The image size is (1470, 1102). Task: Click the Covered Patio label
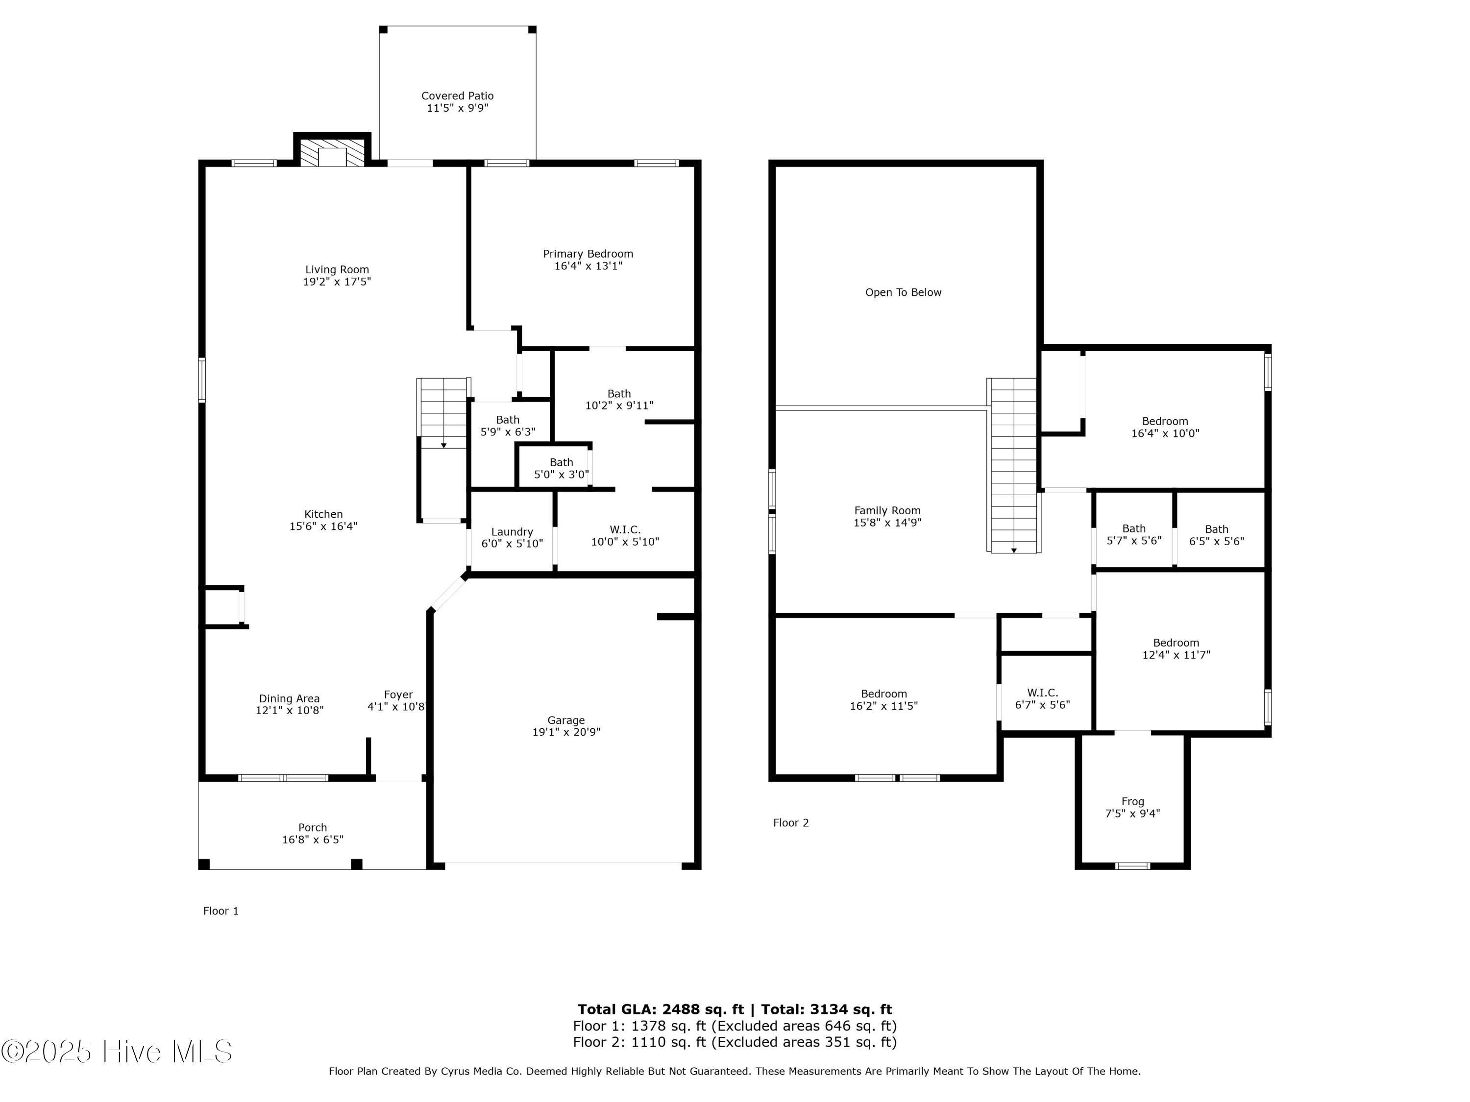tap(457, 96)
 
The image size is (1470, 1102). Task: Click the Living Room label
tap(337, 270)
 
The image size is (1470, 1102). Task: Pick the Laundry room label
tap(512, 532)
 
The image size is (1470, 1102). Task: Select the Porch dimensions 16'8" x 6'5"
tap(312, 839)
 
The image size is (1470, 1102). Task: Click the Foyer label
tap(398, 695)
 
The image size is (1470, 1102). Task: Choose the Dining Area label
tap(289, 699)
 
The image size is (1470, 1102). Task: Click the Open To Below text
tap(903, 292)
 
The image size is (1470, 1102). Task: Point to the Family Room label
tap(887, 511)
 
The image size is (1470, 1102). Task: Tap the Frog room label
tap(1132, 802)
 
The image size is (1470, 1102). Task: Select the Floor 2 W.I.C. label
tap(1042, 693)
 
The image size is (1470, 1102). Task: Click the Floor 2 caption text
tap(791, 823)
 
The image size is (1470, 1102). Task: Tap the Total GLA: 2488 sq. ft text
tap(661, 1009)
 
